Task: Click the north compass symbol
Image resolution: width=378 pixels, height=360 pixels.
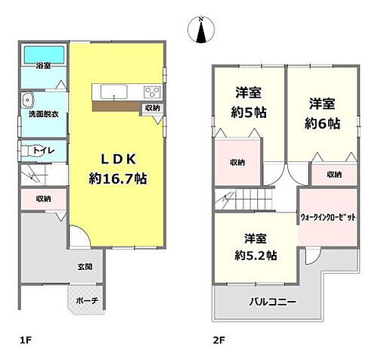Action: pos(200,31)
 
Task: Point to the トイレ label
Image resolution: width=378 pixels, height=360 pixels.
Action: pos(44,151)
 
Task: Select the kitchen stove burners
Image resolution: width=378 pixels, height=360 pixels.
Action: pos(150,93)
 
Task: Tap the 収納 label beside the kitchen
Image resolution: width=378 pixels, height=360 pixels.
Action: pos(153,108)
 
